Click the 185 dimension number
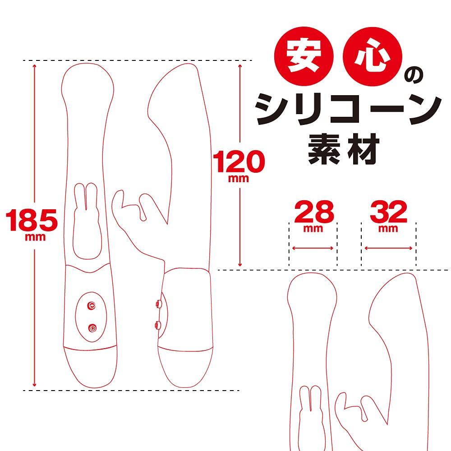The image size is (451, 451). tap(32, 220)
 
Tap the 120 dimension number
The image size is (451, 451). tap(239, 162)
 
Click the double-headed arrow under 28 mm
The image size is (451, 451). tap(313, 248)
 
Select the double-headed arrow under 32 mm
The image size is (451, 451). tap(388, 248)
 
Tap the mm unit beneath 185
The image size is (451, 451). tap(36, 238)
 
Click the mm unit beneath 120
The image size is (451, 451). tap(239, 178)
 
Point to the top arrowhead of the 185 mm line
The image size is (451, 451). tap(35, 65)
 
